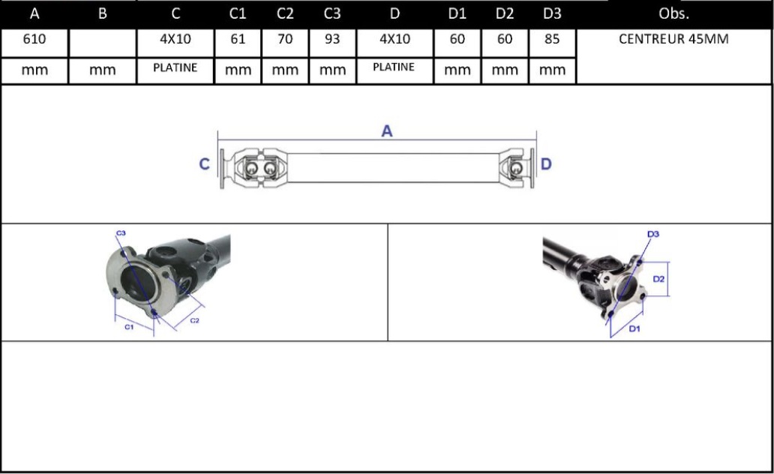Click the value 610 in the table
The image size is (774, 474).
[34, 39]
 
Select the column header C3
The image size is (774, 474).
[332, 13]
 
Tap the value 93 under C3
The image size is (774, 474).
[332, 39]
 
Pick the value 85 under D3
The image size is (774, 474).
[552, 39]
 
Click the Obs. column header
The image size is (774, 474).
[673, 13]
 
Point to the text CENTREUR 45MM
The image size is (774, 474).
[673, 39]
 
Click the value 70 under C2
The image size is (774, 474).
[285, 39]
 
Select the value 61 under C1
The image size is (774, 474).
[238, 39]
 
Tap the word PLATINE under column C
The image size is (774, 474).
[175, 67]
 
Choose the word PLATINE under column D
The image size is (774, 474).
[394, 67]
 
